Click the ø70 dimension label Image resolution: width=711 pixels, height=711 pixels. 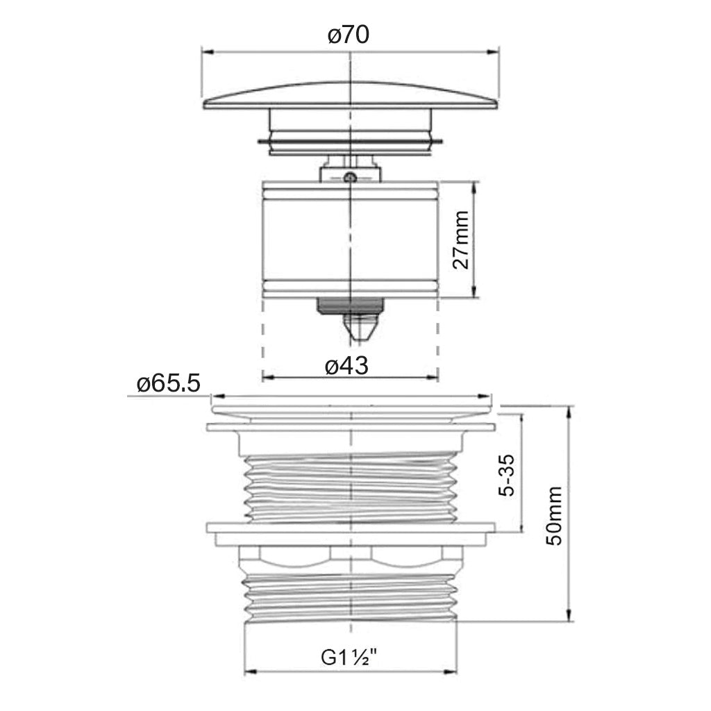pyautogui.click(x=349, y=35)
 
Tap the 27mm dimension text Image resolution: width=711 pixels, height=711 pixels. pyautogui.click(x=461, y=240)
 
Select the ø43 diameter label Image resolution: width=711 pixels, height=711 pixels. pyautogui.click(x=347, y=365)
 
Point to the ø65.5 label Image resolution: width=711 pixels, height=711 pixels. pyautogui.click(x=168, y=384)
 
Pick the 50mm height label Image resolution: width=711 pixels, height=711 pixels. pyautogui.click(x=553, y=516)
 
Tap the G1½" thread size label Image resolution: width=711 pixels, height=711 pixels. pyautogui.click(x=349, y=657)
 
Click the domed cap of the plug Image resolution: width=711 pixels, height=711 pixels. pyautogui.click(x=350, y=96)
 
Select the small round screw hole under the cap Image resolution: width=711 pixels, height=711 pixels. pyautogui.click(x=349, y=177)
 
